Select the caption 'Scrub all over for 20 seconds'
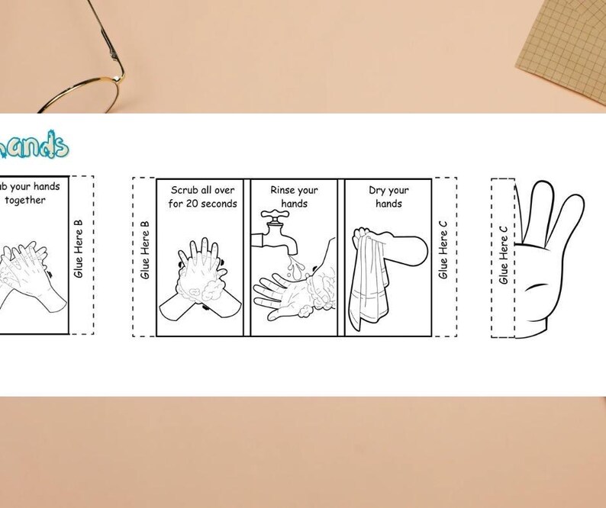[202, 196]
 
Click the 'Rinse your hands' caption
[294, 196]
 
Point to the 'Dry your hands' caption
[388, 197]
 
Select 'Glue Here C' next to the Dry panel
[443, 249]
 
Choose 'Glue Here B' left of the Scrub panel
[145, 249]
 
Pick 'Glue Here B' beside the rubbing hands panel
[79, 249]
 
